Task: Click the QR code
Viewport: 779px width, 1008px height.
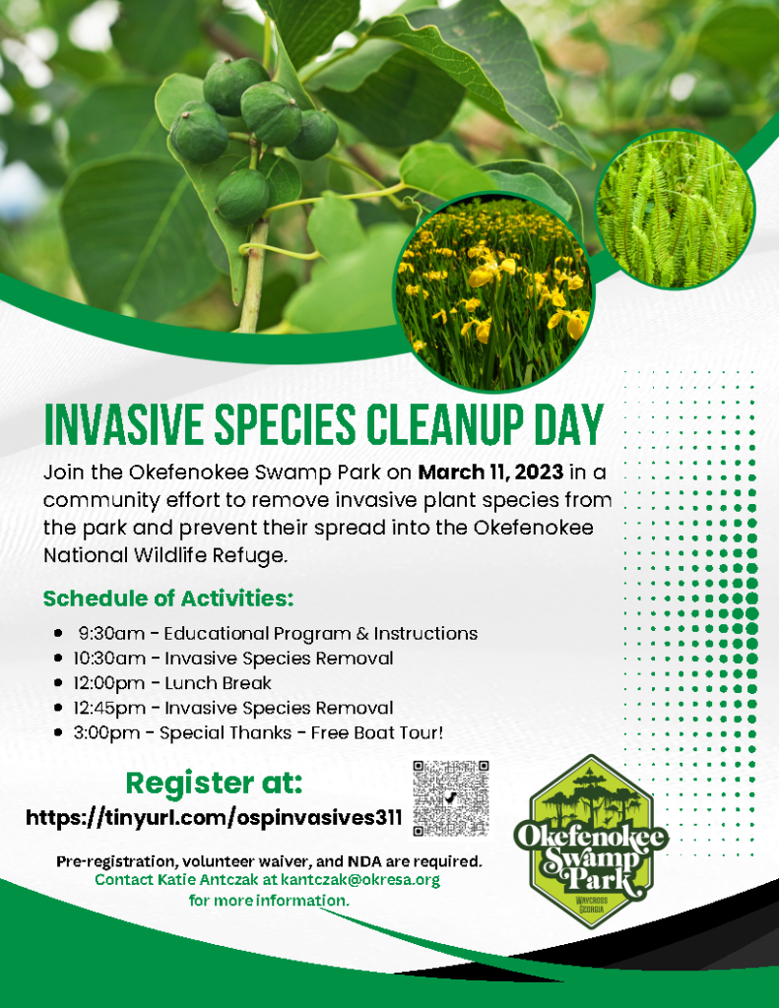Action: click(451, 798)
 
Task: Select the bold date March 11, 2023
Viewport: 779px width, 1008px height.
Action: click(490, 472)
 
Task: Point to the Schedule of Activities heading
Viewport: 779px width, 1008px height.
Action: click(168, 598)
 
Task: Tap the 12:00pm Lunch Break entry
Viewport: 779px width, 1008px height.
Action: click(171, 683)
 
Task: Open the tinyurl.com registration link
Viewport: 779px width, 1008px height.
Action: click(215, 818)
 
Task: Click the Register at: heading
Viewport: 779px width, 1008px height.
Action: click(215, 783)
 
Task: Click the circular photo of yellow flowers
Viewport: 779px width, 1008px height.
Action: click(493, 292)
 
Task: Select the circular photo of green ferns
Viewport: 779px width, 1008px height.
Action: click(675, 210)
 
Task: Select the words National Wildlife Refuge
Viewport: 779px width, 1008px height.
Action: click(164, 555)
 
